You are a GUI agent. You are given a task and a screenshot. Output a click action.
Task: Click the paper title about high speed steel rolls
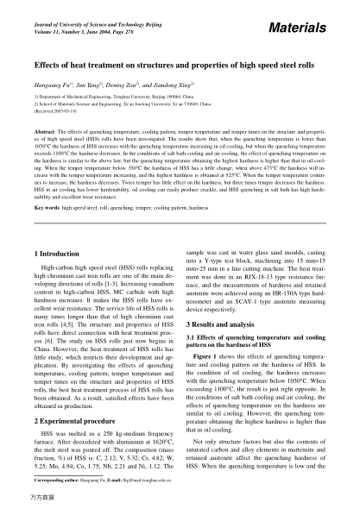pyautogui.click(x=179, y=66)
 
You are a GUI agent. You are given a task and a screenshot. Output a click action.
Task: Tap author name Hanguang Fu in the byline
pyautogui.click(x=51, y=87)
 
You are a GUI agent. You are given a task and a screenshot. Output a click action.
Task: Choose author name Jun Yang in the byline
pyautogui.click(x=90, y=87)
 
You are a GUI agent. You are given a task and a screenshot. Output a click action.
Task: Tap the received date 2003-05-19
pyautogui.click(x=56, y=114)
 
